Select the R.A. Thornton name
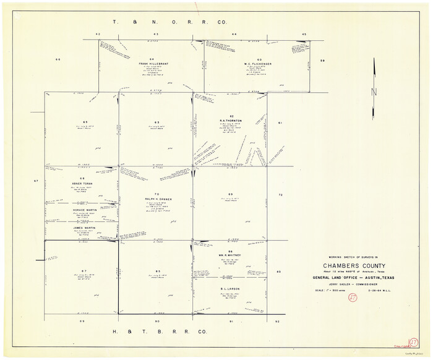pos(231,121)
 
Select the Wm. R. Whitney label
pos(230,255)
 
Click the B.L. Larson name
pos(230,288)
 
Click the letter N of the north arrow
pos(373,93)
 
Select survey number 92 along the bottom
pos(278,322)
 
